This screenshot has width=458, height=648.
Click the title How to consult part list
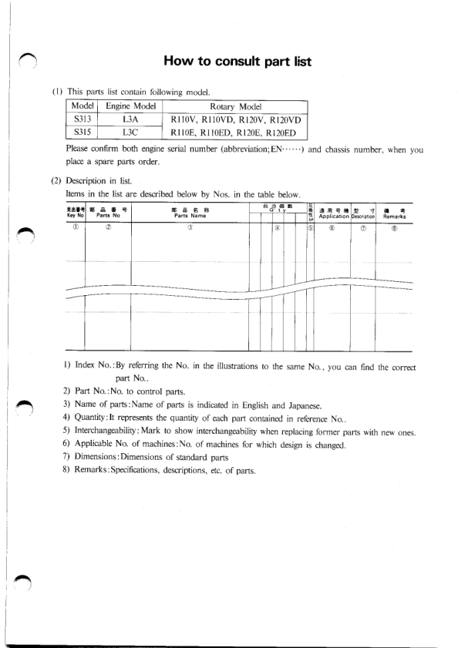click(237, 61)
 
